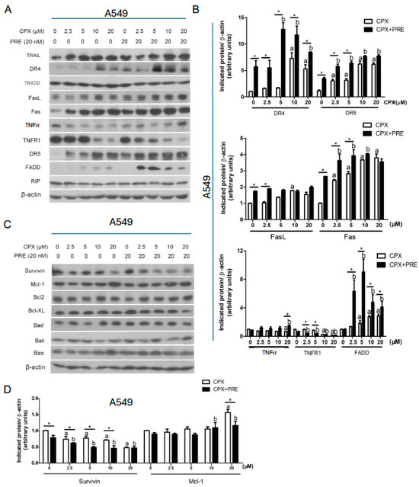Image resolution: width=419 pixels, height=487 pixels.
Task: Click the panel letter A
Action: pyautogui.click(x=7, y=8)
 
